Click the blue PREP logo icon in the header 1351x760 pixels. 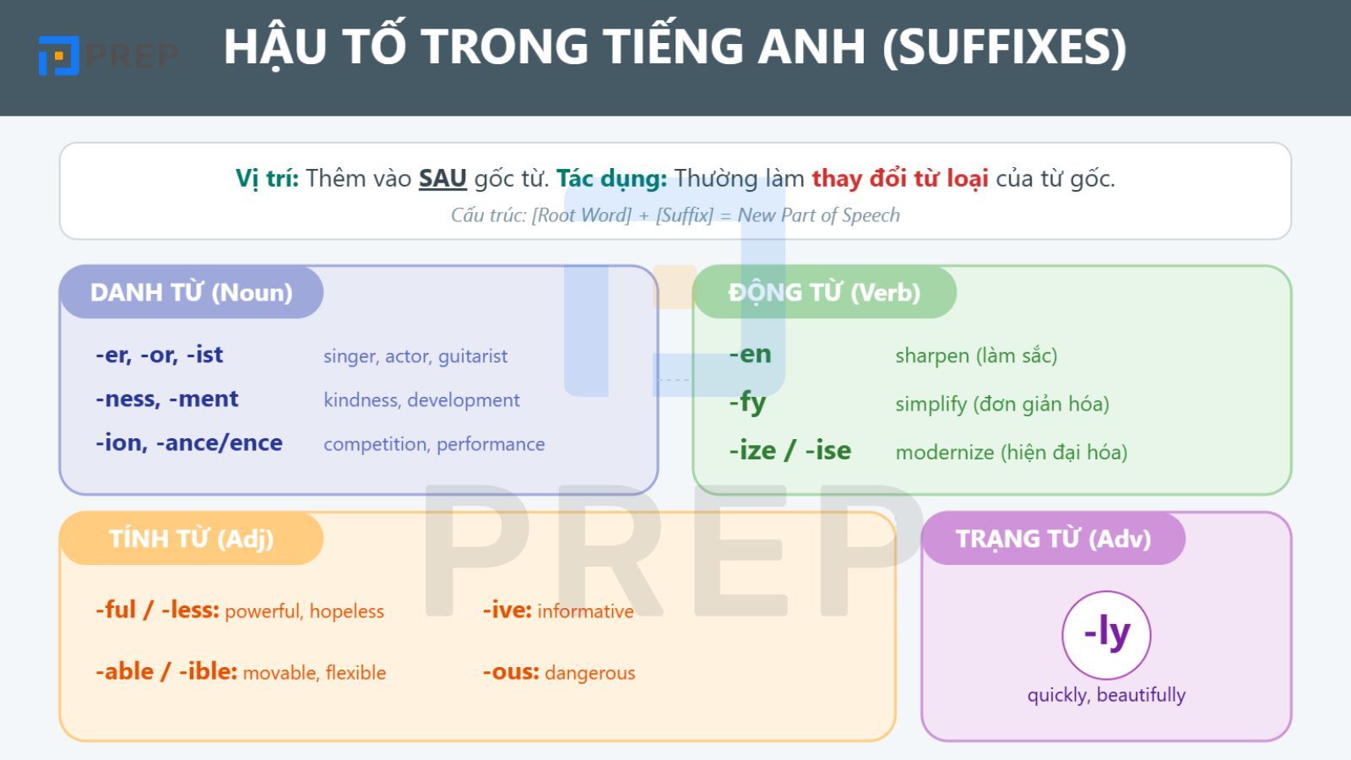click(58, 56)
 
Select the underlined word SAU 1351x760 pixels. click(442, 178)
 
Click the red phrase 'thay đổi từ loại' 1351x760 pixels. click(900, 178)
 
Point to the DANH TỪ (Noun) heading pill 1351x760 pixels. click(191, 292)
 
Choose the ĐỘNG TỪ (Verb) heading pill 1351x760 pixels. click(824, 292)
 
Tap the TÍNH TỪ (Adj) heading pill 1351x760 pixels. click(191, 539)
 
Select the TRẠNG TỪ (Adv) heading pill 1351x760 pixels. click(1053, 539)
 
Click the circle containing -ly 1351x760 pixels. click(1106, 635)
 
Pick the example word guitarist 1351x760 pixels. click(473, 356)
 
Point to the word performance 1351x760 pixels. click(491, 444)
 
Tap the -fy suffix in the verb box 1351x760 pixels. click(747, 403)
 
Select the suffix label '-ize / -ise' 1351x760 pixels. click(790, 451)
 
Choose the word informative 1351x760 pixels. click(585, 611)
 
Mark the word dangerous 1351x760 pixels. click(590, 673)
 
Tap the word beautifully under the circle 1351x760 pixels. click(1141, 695)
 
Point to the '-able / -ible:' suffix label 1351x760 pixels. click(166, 671)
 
